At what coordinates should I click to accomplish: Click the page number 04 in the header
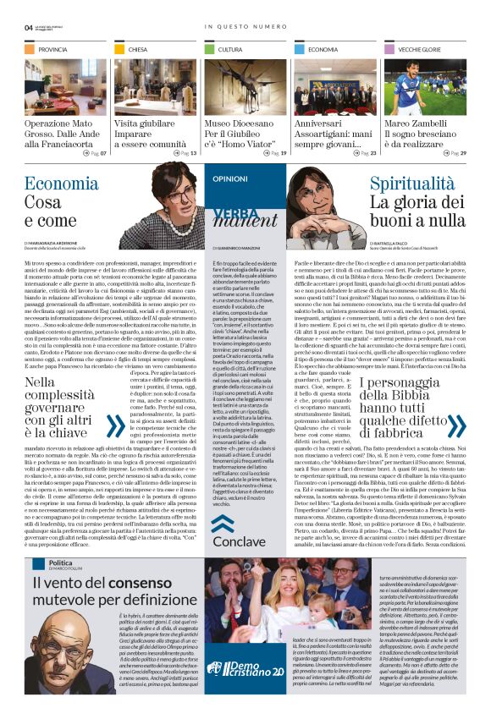[x=29, y=27]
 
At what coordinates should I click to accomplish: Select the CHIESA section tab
[x=137, y=50]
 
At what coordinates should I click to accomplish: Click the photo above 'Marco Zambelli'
[x=426, y=87]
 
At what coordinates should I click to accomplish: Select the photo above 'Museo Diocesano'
[x=245, y=87]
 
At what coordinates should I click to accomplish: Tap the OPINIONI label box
[x=229, y=179]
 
